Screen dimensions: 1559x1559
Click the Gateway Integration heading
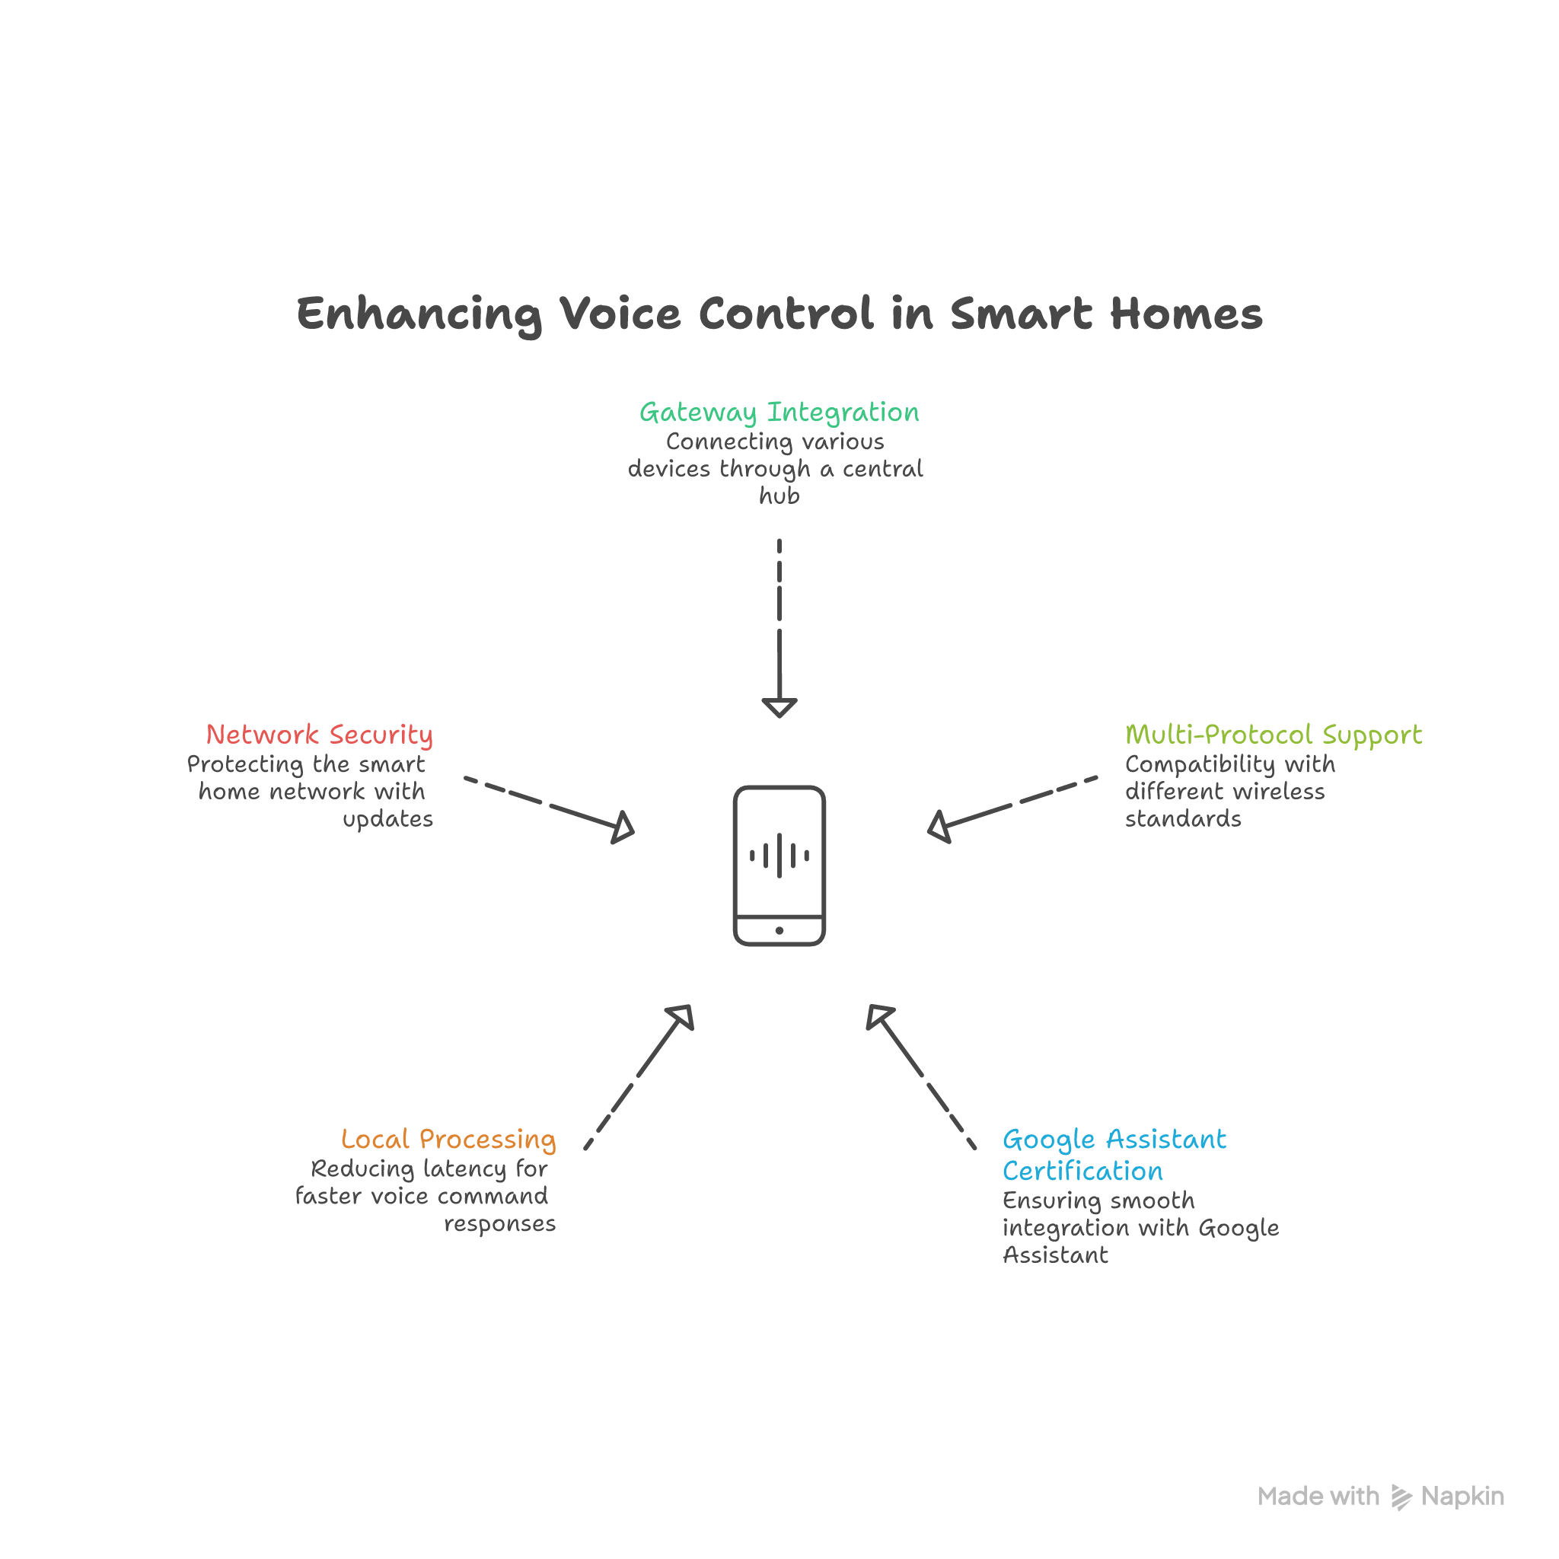click(x=779, y=413)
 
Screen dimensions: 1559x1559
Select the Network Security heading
click(x=320, y=735)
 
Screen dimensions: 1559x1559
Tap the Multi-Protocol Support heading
click(x=1273, y=735)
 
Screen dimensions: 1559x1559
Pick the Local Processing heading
click(x=448, y=1139)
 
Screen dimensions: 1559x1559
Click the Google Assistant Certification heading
click(x=1114, y=1155)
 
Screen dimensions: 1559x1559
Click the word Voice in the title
click(x=620, y=313)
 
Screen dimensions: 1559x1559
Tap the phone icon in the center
click(x=779, y=864)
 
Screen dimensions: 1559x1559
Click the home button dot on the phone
click(x=779, y=930)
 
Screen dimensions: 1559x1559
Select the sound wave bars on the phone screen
click(x=779, y=856)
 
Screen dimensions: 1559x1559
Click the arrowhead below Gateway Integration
click(x=779, y=708)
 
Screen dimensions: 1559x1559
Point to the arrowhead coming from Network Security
click(x=623, y=828)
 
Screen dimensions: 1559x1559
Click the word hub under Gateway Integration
click(x=779, y=496)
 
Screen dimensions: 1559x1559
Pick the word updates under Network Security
click(x=387, y=820)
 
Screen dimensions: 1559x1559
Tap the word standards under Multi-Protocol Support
click(x=1182, y=819)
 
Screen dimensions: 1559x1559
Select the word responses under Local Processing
click(x=499, y=1224)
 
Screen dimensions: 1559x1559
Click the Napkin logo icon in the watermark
click(x=1401, y=1497)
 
